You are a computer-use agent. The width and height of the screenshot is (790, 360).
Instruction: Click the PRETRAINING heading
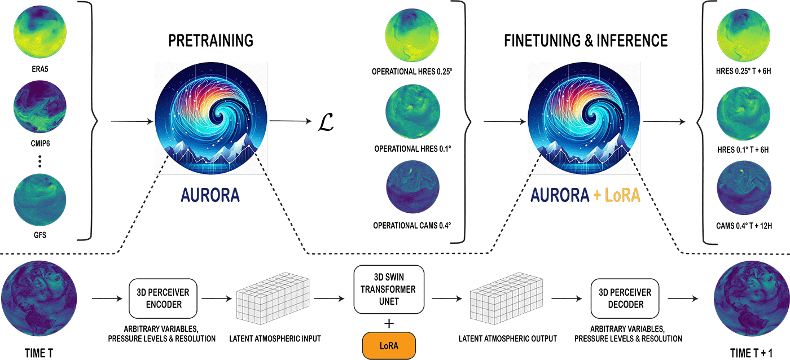pyautogui.click(x=210, y=41)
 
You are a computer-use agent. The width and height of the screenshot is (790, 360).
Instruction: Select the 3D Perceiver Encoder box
pyautogui.click(x=163, y=298)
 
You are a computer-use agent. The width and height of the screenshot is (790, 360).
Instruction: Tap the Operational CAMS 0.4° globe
pyautogui.click(x=412, y=188)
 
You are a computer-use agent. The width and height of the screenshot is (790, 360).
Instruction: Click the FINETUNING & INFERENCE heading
pyautogui.click(x=585, y=41)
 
